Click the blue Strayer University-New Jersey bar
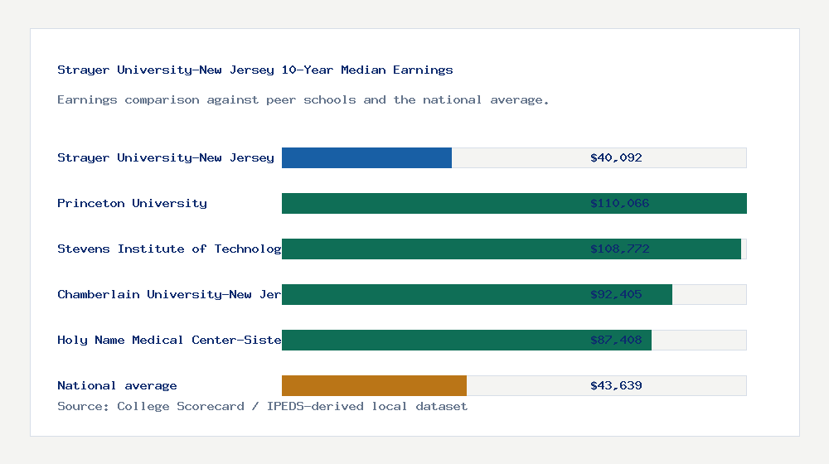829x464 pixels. (366, 157)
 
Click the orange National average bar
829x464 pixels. (374, 385)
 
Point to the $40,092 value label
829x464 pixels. (616, 157)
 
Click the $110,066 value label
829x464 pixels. (619, 203)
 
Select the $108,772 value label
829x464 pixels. (619, 249)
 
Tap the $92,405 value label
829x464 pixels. (616, 294)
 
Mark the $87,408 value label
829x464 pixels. (616, 340)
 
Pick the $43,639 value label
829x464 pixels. (616, 385)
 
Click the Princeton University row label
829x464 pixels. (132, 203)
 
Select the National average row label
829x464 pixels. (117, 385)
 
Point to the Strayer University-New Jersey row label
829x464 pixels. (165, 157)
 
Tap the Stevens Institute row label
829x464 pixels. (169, 249)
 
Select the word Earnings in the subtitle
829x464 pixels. (87, 99)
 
